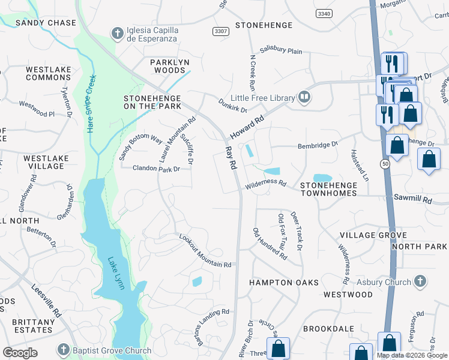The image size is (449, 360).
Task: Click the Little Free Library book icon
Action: coord(304,97)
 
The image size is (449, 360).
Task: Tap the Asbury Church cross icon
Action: coord(420,281)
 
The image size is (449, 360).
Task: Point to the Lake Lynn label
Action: coord(116,274)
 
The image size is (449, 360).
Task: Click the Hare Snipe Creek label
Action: coord(91,104)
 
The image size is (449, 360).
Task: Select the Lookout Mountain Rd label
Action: coord(205,251)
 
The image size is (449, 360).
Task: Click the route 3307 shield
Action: coord(220,31)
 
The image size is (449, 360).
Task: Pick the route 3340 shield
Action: coord(324,13)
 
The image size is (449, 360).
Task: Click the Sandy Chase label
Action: coord(46,23)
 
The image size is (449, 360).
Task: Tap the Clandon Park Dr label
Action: coord(156,169)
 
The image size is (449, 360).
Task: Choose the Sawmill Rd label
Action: coord(412,198)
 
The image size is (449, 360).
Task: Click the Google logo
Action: coord(20,353)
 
